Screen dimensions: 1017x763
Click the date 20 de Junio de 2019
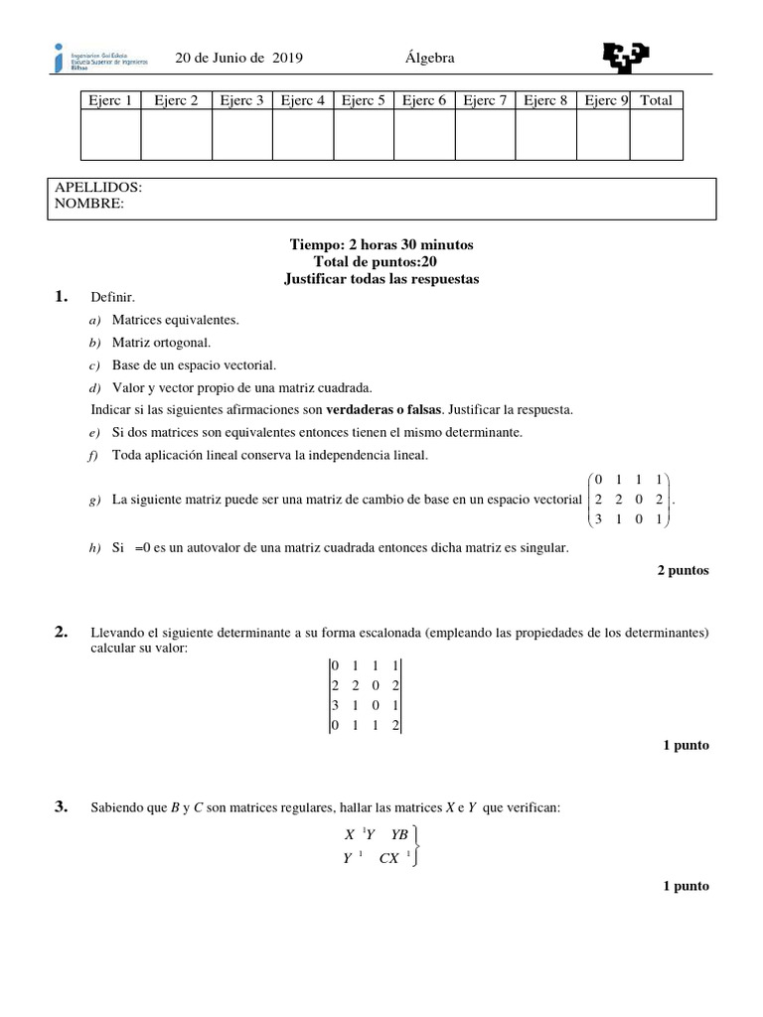(238, 59)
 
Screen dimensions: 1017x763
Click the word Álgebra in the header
(430, 59)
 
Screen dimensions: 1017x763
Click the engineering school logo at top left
(100, 58)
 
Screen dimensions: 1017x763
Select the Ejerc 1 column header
(110, 100)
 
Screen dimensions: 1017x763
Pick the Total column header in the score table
(656, 100)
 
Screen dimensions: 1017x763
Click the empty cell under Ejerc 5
(364, 135)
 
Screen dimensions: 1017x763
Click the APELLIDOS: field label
(97, 187)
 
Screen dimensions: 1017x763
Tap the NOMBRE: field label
(89, 203)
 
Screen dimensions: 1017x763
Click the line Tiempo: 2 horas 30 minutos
(381, 244)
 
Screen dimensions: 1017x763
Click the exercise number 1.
(62, 297)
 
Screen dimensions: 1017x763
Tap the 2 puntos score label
(684, 571)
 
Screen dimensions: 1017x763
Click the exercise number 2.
(62, 632)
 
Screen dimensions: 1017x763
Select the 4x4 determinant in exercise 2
(365, 696)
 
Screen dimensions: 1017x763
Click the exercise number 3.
(62, 807)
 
